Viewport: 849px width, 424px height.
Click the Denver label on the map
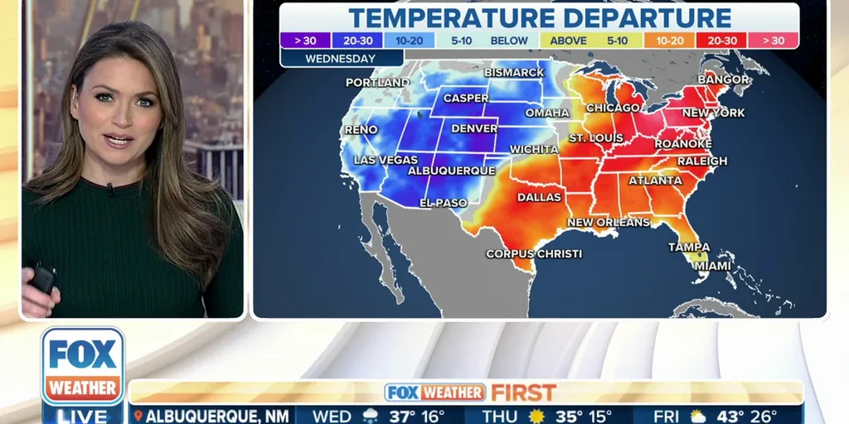[474, 129]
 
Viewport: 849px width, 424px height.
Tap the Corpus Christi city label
[534, 253]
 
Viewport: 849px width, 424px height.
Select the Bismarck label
[514, 73]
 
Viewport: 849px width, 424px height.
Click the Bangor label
[723, 79]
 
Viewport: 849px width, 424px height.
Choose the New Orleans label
[609, 223]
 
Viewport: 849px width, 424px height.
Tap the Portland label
[377, 83]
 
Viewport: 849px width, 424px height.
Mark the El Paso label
[444, 203]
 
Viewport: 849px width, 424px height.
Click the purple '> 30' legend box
[305, 40]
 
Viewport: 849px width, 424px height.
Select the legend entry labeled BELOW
[509, 40]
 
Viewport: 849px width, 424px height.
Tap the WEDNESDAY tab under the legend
[341, 59]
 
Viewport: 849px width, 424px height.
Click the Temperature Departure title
[540, 17]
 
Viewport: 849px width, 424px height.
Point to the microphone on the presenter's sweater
[109, 188]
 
